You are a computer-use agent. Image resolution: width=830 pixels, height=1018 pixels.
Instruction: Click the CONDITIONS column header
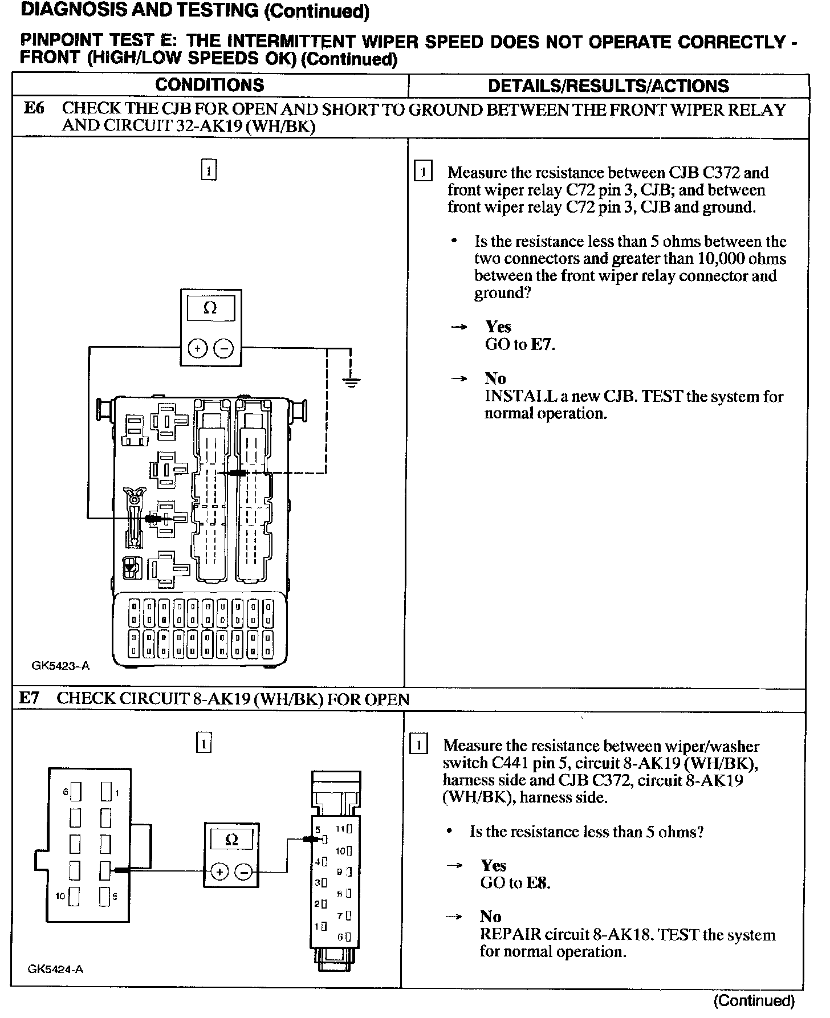(x=210, y=85)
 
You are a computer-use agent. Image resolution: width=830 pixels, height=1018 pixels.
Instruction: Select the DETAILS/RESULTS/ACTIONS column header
(x=608, y=86)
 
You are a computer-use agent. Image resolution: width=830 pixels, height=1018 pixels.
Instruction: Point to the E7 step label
(x=30, y=698)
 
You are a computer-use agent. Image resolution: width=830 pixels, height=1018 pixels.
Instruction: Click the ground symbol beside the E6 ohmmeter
(x=352, y=382)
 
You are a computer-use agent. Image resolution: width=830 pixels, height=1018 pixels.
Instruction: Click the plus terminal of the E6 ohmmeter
(x=197, y=348)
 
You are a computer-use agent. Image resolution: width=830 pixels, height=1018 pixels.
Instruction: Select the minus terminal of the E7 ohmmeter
(x=244, y=872)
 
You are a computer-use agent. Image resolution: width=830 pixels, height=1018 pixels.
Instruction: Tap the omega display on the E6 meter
(x=210, y=308)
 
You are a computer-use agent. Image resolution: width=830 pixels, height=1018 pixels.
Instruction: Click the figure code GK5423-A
(x=61, y=665)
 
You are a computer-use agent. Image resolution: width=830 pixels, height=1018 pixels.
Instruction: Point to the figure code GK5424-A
(x=56, y=969)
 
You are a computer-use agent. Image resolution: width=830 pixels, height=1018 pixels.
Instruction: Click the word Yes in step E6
(x=498, y=327)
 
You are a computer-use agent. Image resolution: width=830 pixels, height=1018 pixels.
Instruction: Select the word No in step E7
(x=490, y=916)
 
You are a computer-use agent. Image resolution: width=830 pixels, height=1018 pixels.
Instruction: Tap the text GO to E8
(x=515, y=883)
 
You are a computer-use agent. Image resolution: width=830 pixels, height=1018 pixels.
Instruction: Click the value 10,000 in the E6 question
(x=721, y=259)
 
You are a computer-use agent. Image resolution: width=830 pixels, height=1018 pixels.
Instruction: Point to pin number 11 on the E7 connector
(x=340, y=829)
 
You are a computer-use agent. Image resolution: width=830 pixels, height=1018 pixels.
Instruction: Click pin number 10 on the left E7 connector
(x=61, y=896)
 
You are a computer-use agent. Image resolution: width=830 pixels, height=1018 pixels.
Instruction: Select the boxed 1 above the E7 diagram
(x=204, y=743)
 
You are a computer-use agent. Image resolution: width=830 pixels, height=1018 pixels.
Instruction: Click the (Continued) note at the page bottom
(x=754, y=1000)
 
